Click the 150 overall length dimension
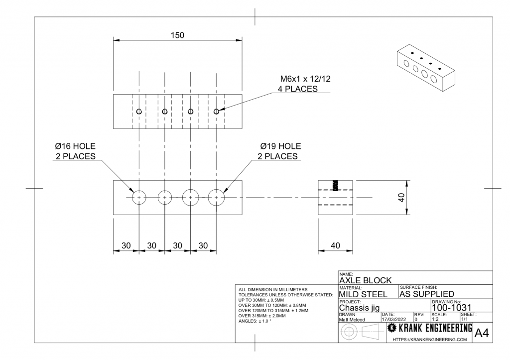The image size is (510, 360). pos(177,35)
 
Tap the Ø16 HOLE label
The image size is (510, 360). pos(75,146)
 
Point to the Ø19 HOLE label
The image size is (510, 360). pos(280,146)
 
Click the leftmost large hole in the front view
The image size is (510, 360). pos(139,197)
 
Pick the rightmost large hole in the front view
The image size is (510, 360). pos(216,197)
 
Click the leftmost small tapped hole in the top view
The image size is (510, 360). pos(139,112)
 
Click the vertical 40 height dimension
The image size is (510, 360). pos(401,197)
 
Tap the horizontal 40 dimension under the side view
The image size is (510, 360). pos(335,245)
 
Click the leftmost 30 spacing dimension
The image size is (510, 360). pos(126,245)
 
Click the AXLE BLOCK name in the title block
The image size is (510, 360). pos(365,280)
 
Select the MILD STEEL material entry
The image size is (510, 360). pos(363,294)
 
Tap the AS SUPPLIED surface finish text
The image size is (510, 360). pos(427,294)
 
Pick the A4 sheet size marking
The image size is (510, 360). pos(483,333)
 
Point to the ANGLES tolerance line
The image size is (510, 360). pos(257,321)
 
